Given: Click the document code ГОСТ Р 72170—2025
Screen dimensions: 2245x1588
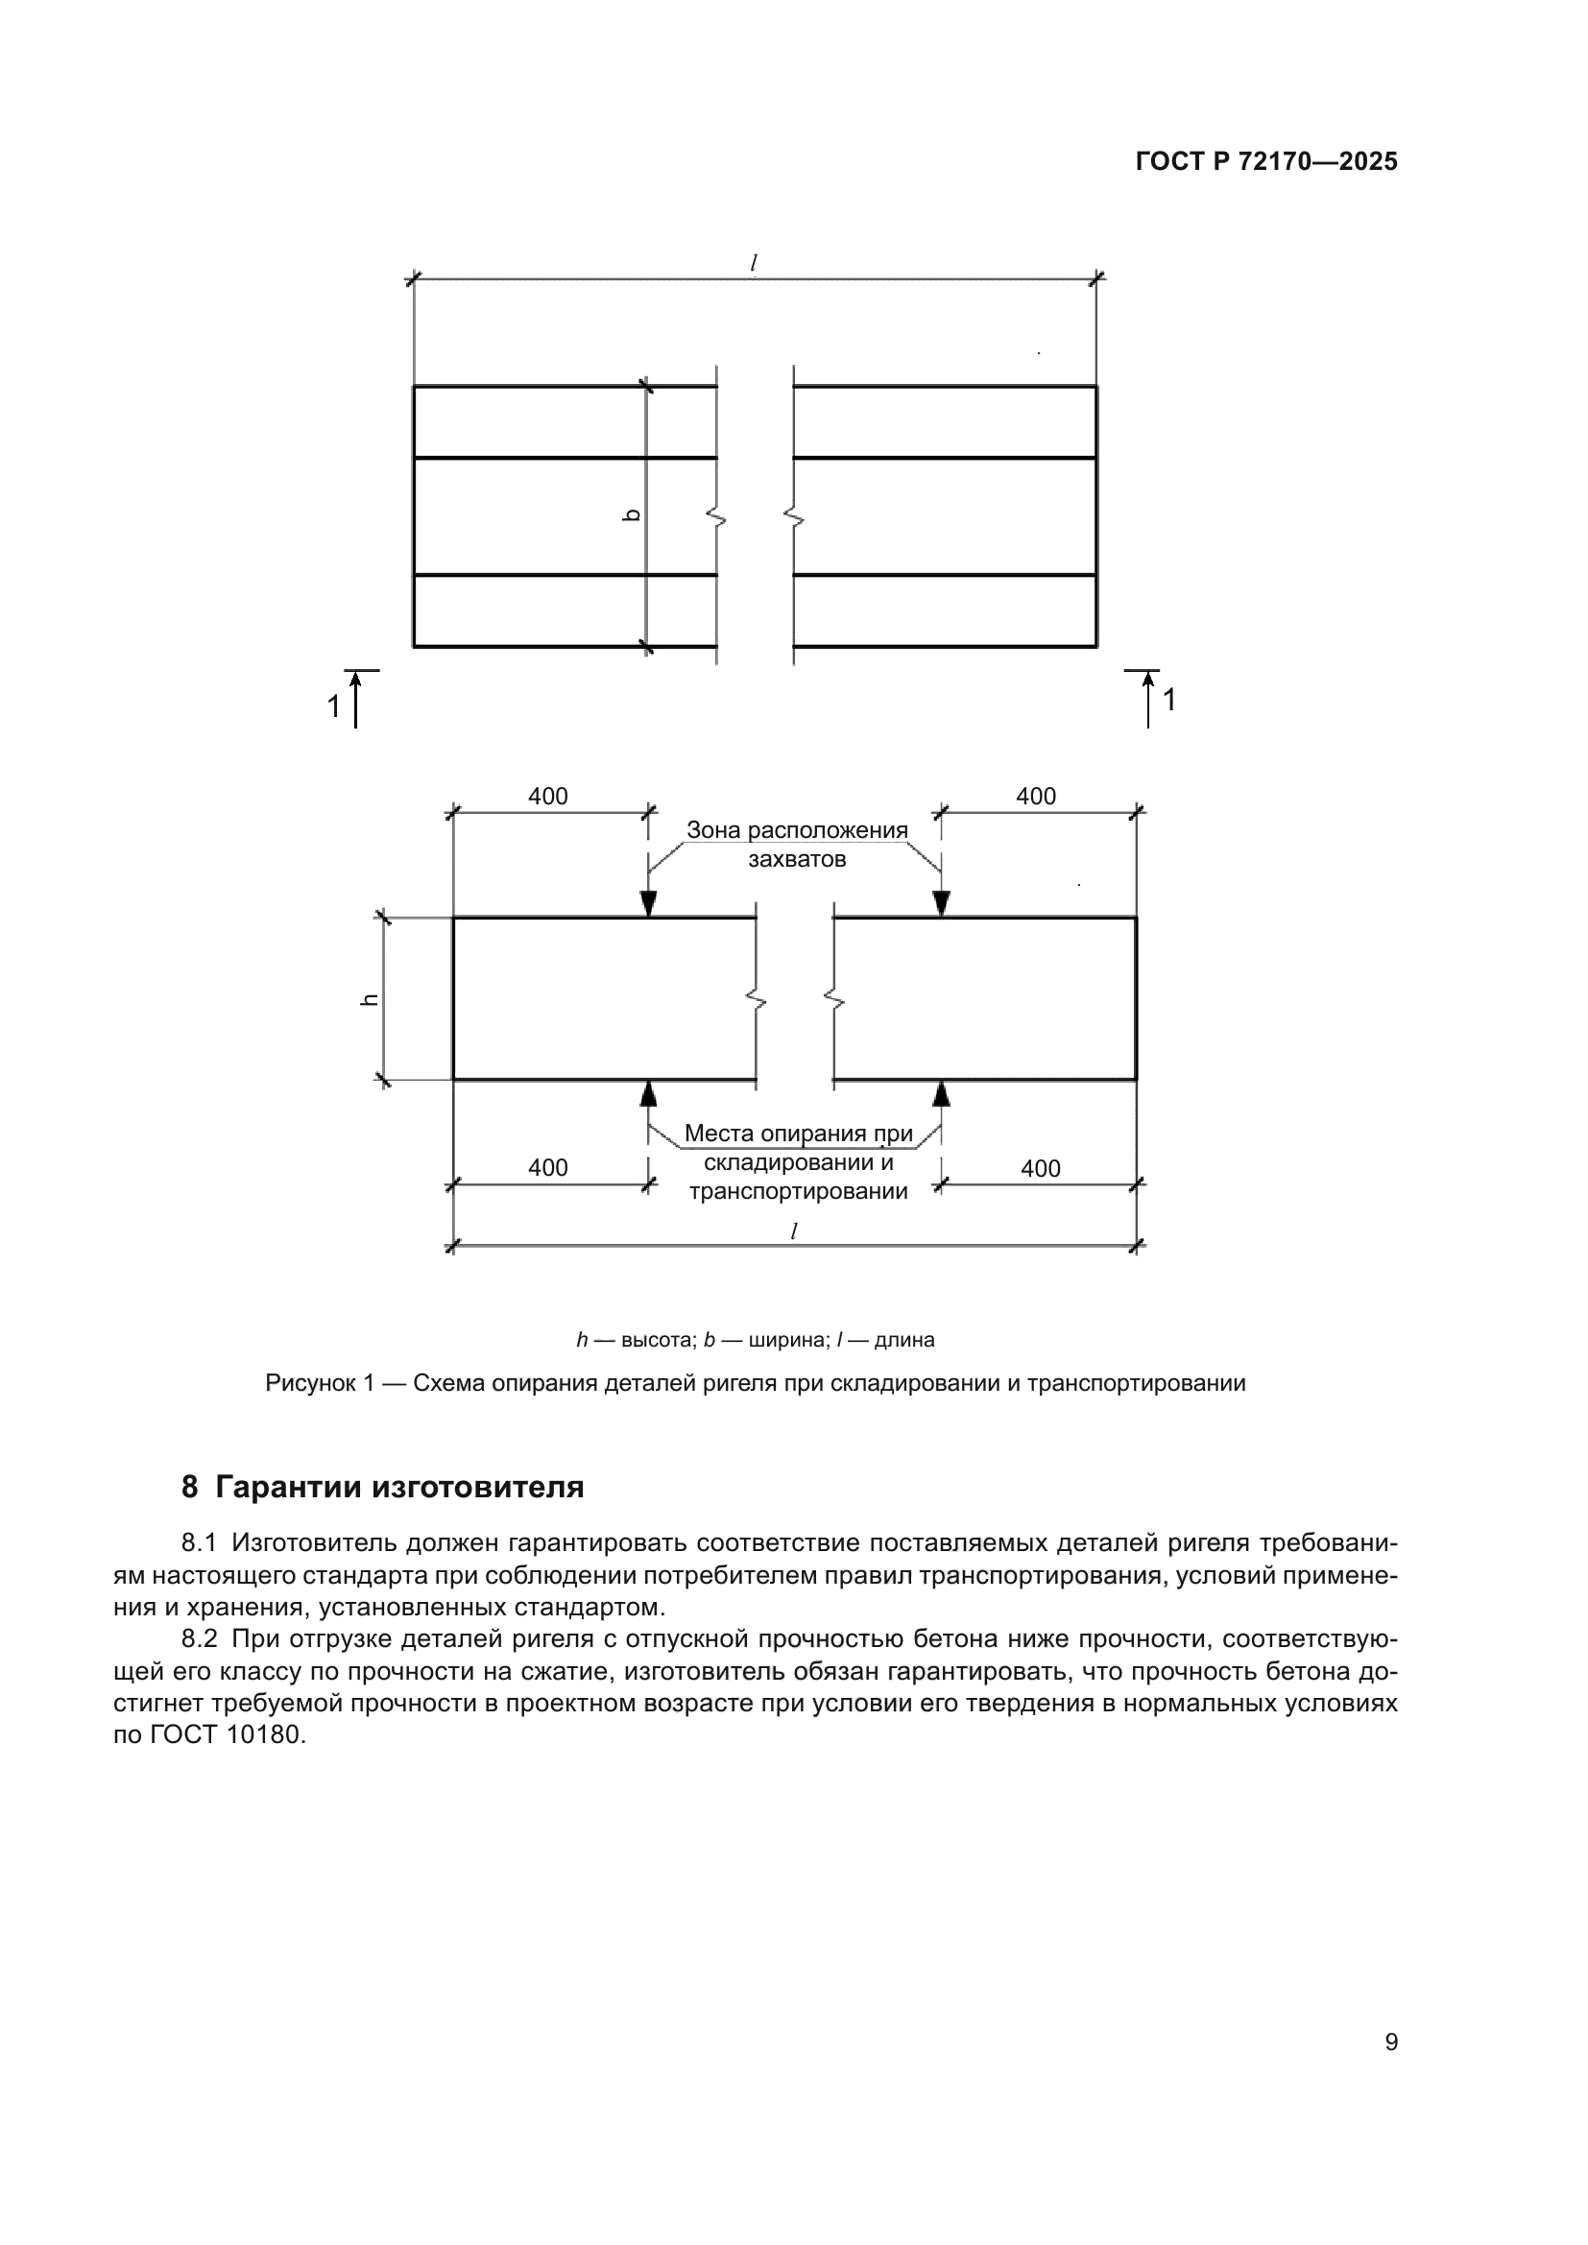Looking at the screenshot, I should coord(1266,161).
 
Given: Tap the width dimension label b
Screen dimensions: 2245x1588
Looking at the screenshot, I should coord(632,515).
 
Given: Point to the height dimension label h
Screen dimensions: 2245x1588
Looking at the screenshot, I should coord(370,998).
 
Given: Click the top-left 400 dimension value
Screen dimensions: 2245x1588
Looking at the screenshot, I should coord(547,796).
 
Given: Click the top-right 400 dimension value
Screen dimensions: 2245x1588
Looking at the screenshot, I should coord(1036,796).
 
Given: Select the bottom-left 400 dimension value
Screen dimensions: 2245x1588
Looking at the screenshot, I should coord(547,1167).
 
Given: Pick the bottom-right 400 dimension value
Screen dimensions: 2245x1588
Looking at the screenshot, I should coord(1041,1168).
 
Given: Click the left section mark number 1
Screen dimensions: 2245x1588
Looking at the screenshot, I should coord(333,706).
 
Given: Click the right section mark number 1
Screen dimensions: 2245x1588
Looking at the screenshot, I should coord(1168,700).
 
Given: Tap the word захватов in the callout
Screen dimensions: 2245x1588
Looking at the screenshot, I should coord(797,859).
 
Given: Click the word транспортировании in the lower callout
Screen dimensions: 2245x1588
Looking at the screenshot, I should coord(798,1192).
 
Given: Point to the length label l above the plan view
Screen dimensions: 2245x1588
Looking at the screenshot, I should coord(754,263).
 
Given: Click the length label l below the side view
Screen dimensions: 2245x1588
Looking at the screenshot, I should coord(794,1231).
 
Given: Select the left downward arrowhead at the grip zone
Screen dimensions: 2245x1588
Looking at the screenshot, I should coord(648,903).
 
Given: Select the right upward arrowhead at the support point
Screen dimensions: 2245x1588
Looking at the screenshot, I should coord(942,1093).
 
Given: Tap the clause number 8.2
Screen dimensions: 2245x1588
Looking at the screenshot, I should coord(200,1638).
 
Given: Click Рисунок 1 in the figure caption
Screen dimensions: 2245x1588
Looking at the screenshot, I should coord(320,1384).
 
